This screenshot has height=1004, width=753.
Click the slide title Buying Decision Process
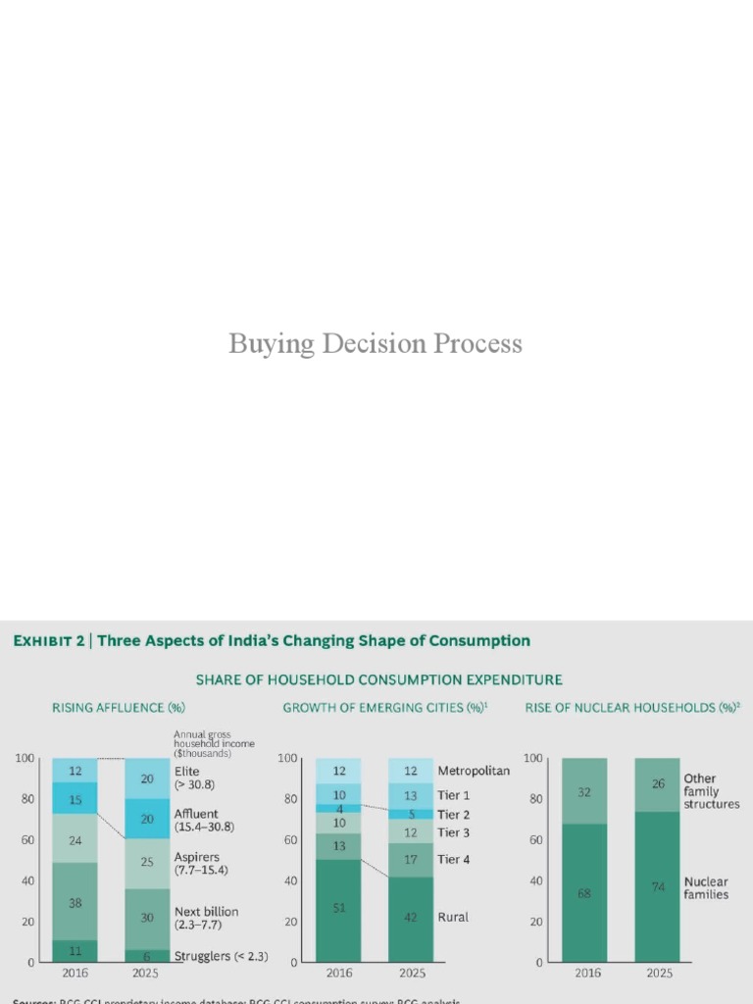pos(376,344)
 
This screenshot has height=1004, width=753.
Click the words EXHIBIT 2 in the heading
pos(49,641)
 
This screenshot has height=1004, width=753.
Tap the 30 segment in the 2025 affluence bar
pos(147,918)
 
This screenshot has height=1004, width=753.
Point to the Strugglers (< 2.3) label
pos(221,956)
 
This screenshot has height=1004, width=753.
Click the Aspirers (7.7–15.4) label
pos(201,864)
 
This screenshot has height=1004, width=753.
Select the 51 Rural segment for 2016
pos(339,909)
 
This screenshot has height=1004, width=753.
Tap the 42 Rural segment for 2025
pos(411,918)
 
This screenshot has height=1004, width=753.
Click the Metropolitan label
pos(474,771)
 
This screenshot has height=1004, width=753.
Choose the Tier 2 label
pos(454,815)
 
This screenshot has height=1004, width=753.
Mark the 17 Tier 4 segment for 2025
pos(411,860)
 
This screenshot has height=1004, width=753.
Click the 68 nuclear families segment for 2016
pos(584,892)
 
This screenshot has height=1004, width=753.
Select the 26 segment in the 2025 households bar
pos(657,784)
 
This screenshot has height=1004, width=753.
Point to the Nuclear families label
pos(706,888)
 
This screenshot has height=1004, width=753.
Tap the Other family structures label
pos(711,791)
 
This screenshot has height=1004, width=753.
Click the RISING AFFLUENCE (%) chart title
pos(118,707)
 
